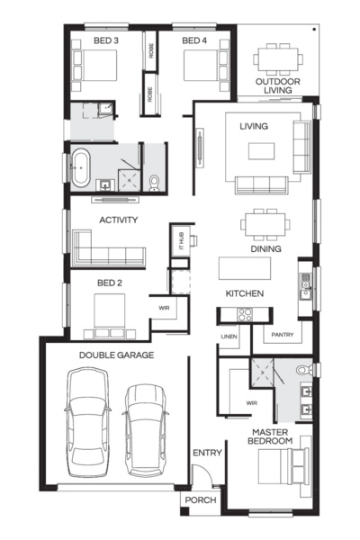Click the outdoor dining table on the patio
tap(276, 59)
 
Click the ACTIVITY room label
tap(118, 220)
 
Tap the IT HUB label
tap(179, 240)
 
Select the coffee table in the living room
tap(261, 150)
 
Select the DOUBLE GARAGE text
tap(116, 355)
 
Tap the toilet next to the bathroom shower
tap(155, 183)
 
